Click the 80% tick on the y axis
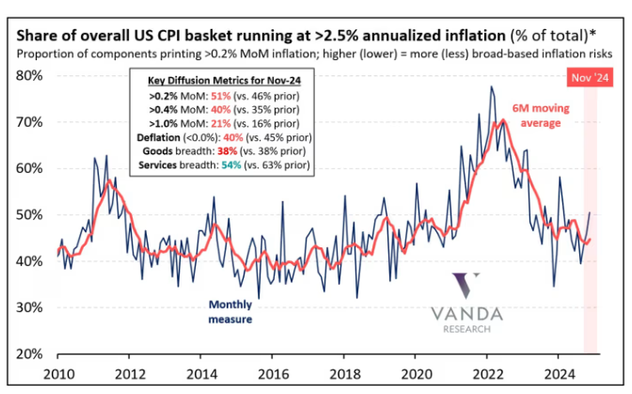coord(34,74)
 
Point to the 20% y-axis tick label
coord(34,355)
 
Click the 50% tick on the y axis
coord(34,214)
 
